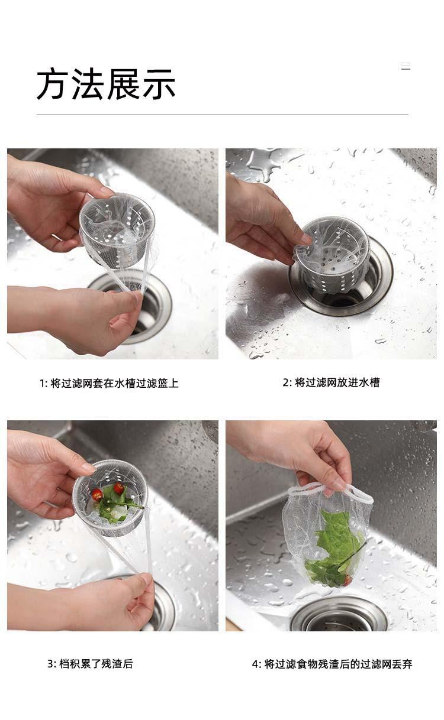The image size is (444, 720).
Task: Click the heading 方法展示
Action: click(106, 83)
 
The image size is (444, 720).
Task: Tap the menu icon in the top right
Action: click(406, 66)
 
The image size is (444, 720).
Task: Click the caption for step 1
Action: click(109, 383)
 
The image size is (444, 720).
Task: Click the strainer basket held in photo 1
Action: click(117, 230)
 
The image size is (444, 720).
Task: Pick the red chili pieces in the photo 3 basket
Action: click(108, 491)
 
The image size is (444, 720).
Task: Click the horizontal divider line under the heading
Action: click(223, 114)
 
